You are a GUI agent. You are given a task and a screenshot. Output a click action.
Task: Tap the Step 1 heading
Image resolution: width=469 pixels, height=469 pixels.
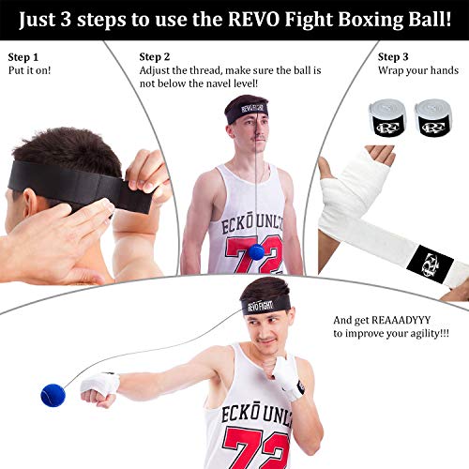24,56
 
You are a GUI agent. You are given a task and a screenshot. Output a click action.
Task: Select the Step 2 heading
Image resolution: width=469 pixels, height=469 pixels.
155,56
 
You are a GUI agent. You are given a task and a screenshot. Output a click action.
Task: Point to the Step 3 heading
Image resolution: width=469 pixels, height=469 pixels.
394,56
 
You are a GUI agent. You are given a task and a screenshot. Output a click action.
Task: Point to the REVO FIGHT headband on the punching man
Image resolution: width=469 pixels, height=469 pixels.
265,305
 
